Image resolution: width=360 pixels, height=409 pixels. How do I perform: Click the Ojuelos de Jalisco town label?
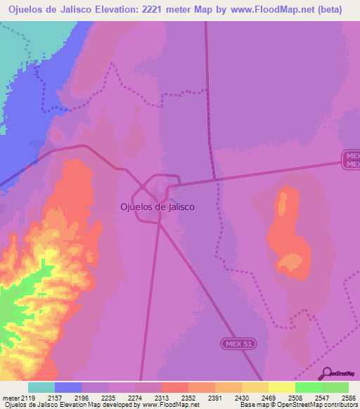(x=157, y=207)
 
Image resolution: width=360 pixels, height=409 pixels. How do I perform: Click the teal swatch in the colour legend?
(x=41, y=387)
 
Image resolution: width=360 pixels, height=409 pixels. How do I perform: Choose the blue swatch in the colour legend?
(x=67, y=387)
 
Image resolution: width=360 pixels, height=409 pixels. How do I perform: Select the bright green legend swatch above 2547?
(x=308, y=387)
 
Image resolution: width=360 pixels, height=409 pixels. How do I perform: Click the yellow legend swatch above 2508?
(x=281, y=387)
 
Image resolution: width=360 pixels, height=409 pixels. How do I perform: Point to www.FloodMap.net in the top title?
(x=266, y=10)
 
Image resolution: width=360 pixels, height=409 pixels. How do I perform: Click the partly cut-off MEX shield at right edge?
(x=352, y=159)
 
